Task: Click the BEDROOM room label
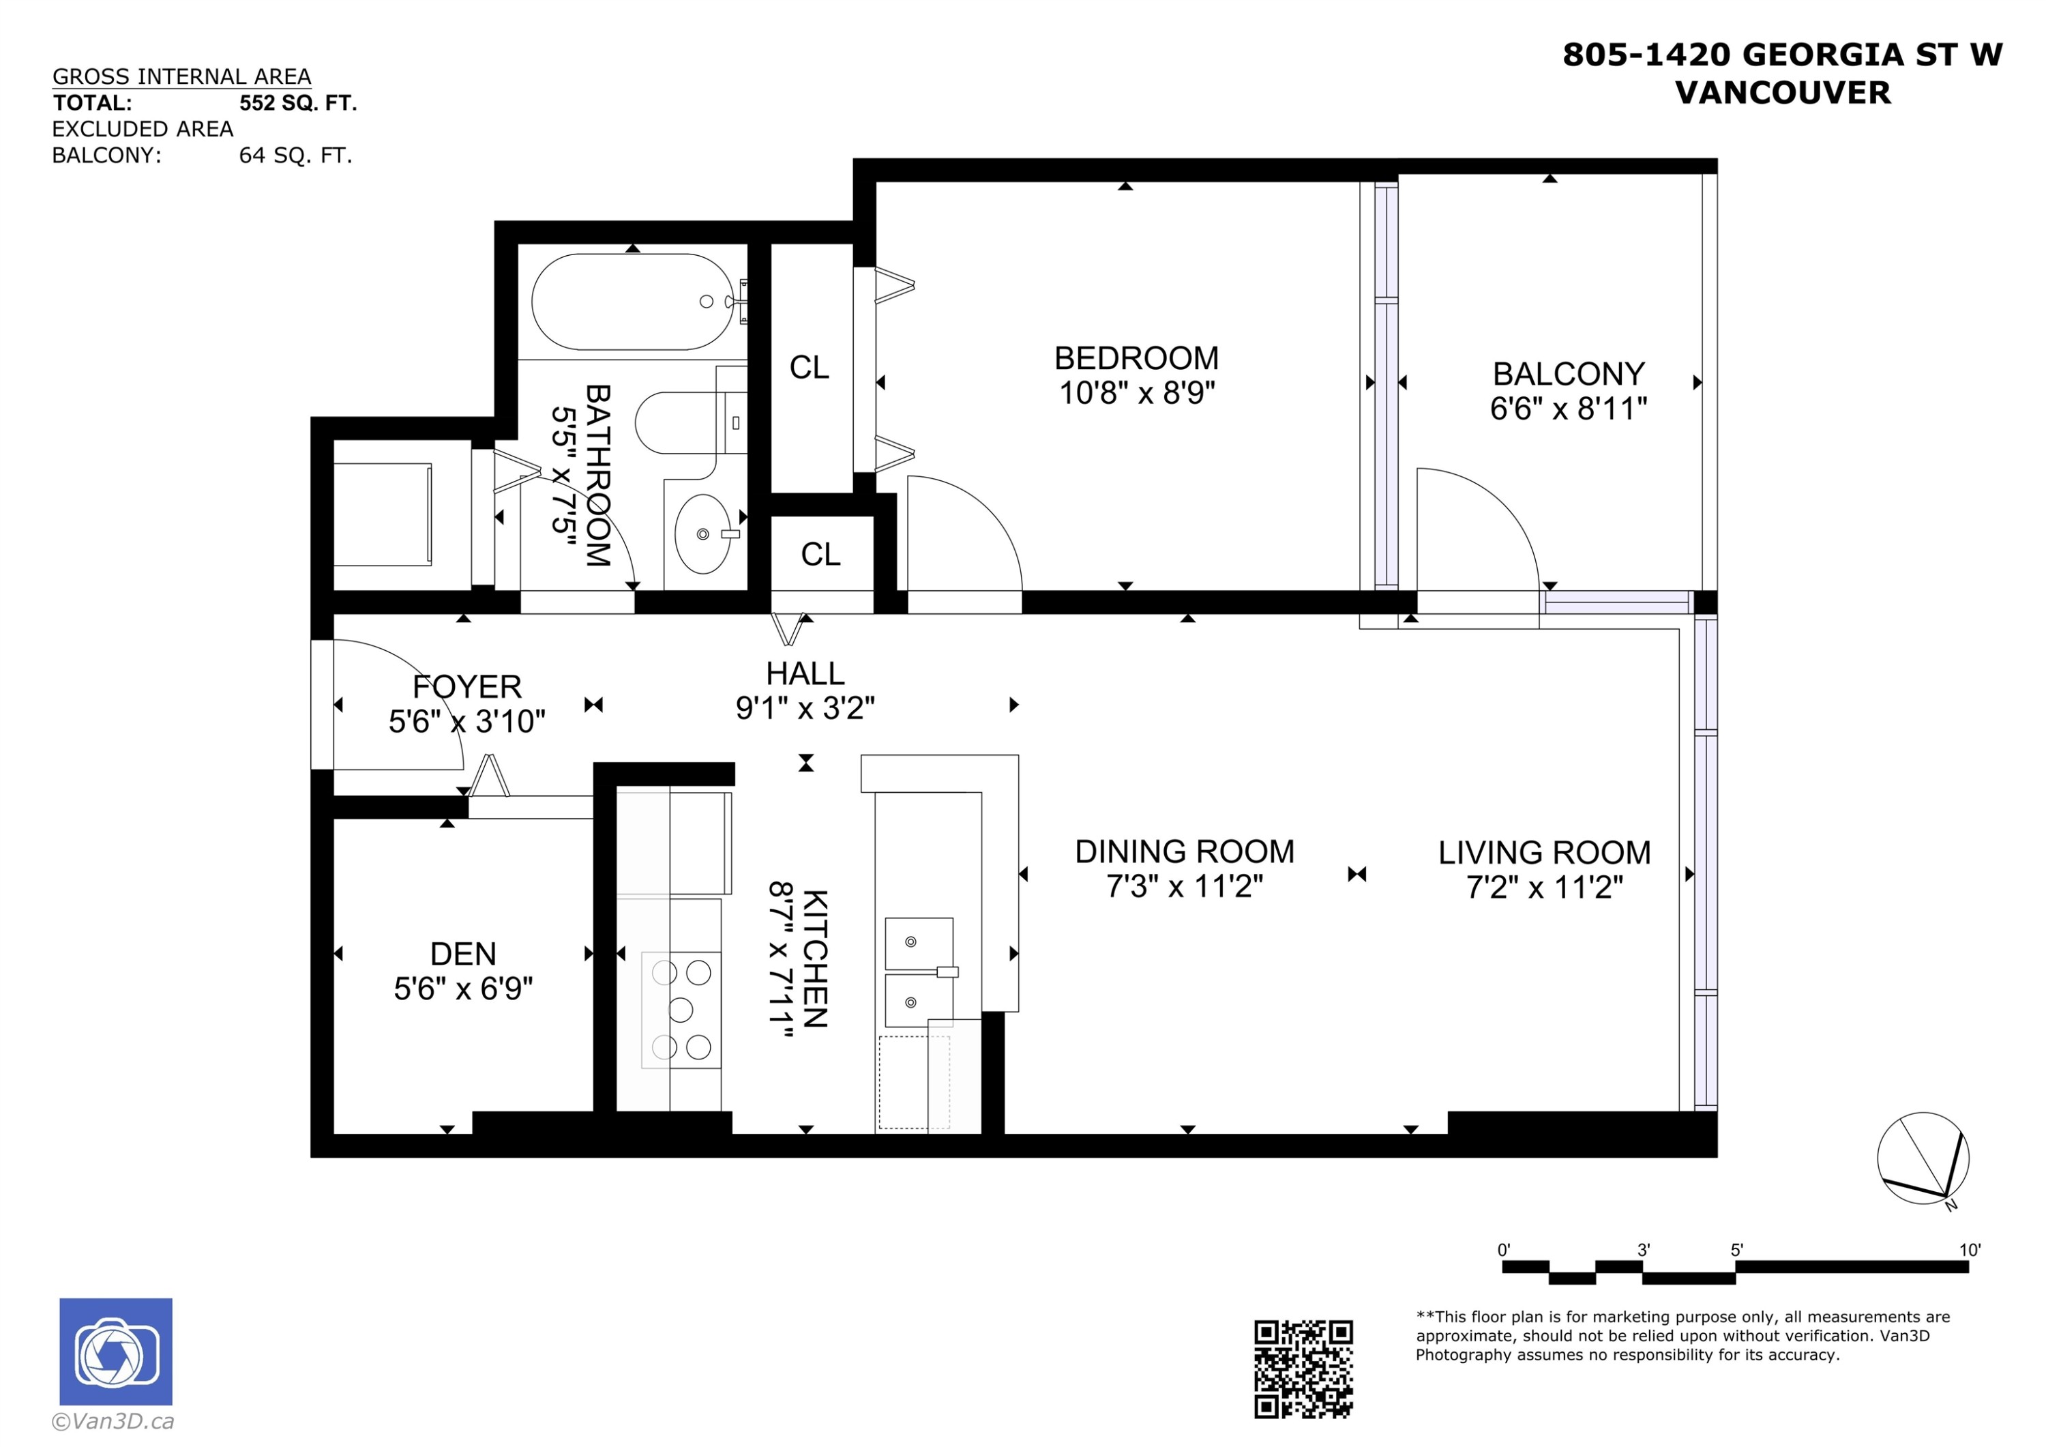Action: click(x=1136, y=358)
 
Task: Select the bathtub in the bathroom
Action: click(x=633, y=302)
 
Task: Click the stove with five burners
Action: click(x=681, y=1009)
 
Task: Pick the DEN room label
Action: click(x=462, y=954)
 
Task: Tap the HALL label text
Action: click(x=805, y=673)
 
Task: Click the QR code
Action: click(x=1303, y=1369)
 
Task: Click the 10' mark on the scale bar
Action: click(x=1968, y=1250)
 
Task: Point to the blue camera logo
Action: click(x=116, y=1351)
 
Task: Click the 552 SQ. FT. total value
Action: click(x=297, y=104)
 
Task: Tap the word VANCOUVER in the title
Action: click(x=1782, y=93)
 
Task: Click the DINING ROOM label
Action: click(x=1184, y=851)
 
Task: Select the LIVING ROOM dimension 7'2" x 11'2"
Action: click(x=1544, y=887)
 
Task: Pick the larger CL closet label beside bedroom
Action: click(x=809, y=367)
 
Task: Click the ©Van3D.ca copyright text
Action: click(x=113, y=1421)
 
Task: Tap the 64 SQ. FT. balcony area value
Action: click(x=295, y=156)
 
